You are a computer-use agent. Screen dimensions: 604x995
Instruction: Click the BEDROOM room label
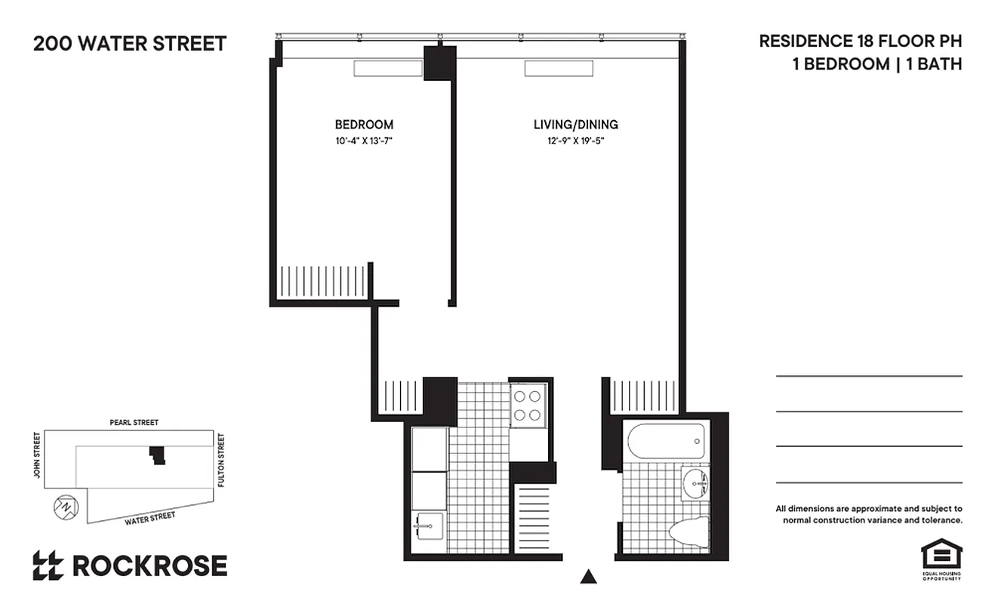tap(364, 125)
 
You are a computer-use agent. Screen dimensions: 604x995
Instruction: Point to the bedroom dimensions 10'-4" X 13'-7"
tap(364, 140)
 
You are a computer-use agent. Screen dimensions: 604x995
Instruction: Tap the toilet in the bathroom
tap(689, 531)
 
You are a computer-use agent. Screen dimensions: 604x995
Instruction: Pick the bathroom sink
tap(695, 484)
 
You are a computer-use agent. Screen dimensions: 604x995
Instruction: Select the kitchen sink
tap(428, 525)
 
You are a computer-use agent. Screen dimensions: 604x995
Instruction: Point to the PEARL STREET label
tap(134, 423)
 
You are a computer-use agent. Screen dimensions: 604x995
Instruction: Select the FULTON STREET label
tap(221, 460)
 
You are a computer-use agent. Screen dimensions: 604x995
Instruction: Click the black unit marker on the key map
tap(157, 455)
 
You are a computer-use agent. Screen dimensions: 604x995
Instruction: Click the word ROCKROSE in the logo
tap(149, 565)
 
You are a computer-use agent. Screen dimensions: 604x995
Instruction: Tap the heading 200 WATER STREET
tap(130, 44)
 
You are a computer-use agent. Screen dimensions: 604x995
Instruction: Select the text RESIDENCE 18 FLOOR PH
tap(861, 42)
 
